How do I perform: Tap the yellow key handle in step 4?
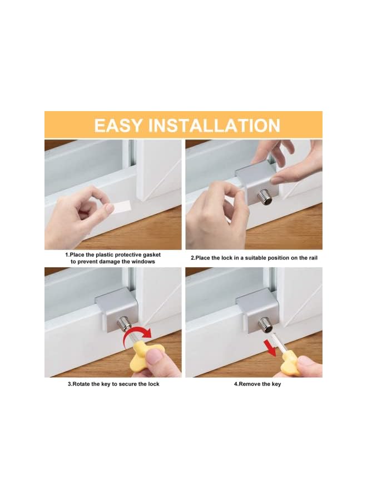coord(291,364)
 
